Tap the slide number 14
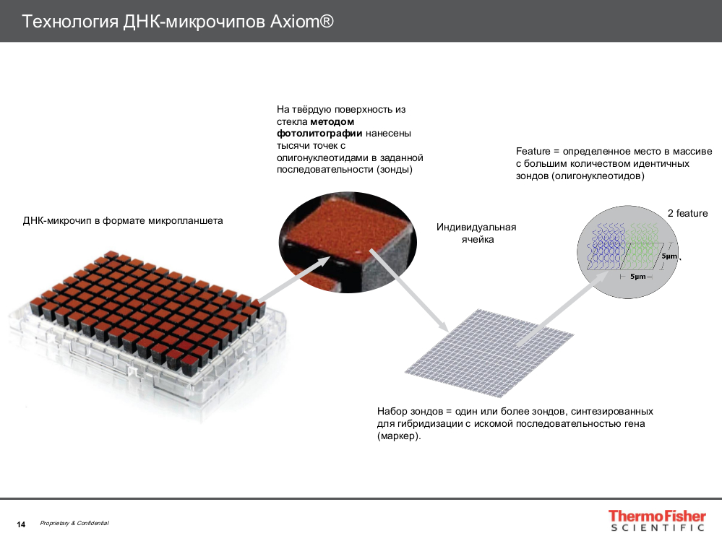pyautogui.click(x=21, y=524)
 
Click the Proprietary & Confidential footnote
pyautogui.click(x=74, y=523)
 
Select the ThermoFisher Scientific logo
pyautogui.click(x=656, y=521)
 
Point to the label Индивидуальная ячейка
pyautogui.click(x=476, y=233)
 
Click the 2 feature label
pyautogui.click(x=687, y=213)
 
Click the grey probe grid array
pyautogui.click(x=488, y=343)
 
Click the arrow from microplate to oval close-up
pyautogui.click(x=289, y=282)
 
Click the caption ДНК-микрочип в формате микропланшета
pyautogui.click(x=123, y=220)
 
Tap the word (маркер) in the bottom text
pyautogui.click(x=398, y=437)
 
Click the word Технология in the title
pyautogui.click(x=69, y=22)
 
